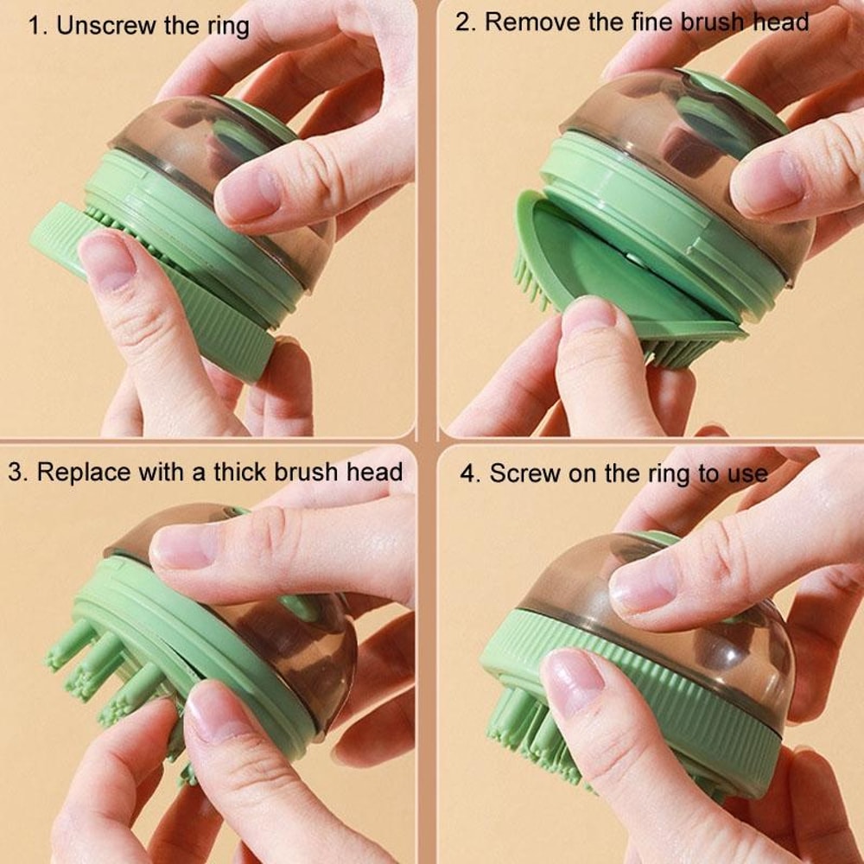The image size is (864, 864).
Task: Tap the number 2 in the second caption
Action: pyautogui.click(x=464, y=22)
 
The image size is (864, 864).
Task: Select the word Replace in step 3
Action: pyautogui.click(x=85, y=472)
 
